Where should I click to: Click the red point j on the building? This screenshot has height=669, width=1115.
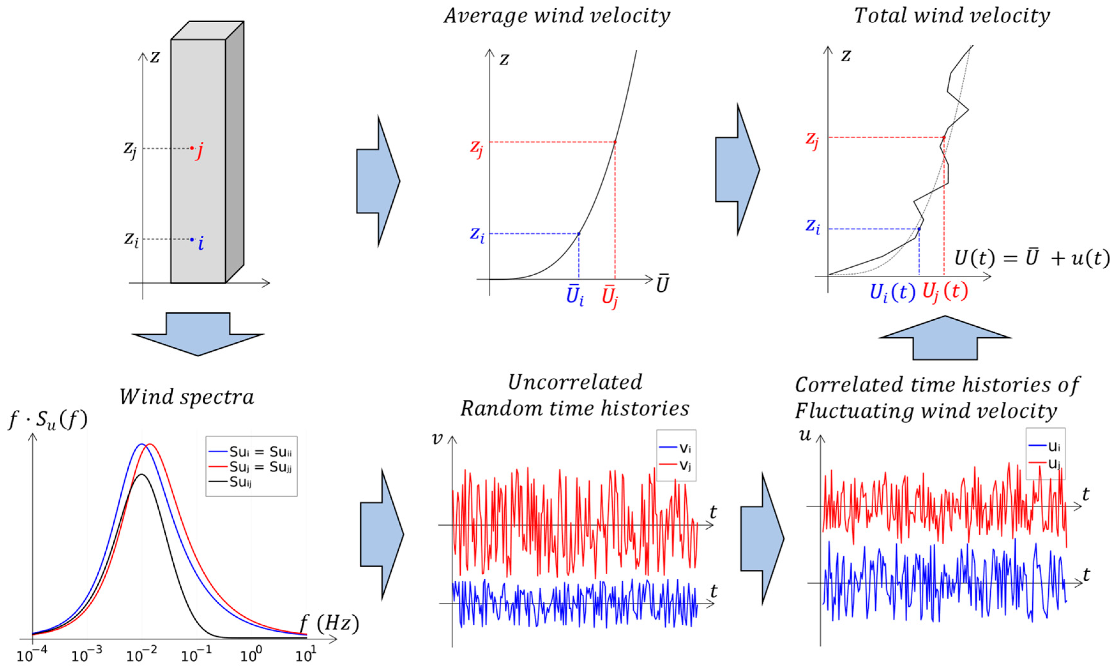coord(192,148)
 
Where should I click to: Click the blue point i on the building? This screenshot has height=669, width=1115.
coord(192,239)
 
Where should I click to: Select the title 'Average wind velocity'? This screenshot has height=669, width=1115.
coord(557,16)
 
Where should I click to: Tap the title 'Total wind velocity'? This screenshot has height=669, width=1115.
coord(952,16)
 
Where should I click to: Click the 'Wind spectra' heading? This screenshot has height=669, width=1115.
coord(187,397)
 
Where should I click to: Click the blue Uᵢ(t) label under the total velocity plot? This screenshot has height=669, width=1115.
coord(892,293)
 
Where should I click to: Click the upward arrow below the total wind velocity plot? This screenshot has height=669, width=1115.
coord(945,338)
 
